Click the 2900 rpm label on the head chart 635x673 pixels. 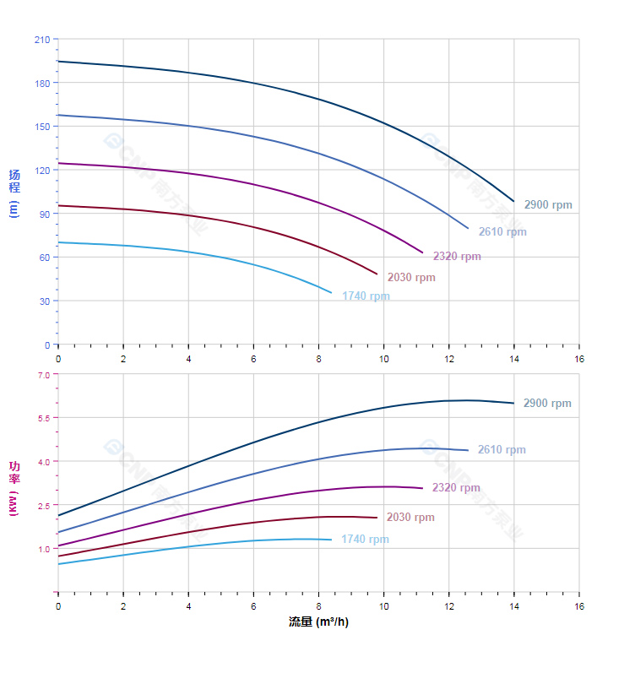pos(547,205)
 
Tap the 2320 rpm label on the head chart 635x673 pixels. pos(457,257)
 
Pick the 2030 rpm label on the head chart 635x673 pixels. pos(411,278)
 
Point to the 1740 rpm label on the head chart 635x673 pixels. pos(366,296)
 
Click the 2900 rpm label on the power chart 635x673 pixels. pos(547,404)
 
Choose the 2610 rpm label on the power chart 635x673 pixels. pos(502,450)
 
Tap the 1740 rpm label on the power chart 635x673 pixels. pos(365,540)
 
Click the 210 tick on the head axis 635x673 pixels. pos(41,40)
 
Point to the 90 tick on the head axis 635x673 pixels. pos(44,214)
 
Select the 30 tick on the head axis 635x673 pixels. pos(44,301)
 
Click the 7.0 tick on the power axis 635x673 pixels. pos(44,374)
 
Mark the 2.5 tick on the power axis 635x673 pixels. pos(44,505)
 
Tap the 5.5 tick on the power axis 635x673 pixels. pos(44,418)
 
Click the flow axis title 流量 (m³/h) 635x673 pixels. pos(318,622)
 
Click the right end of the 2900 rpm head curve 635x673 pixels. pos(513,201)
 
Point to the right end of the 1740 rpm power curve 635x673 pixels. pos(331,540)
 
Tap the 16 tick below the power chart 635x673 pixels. pos(579,606)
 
